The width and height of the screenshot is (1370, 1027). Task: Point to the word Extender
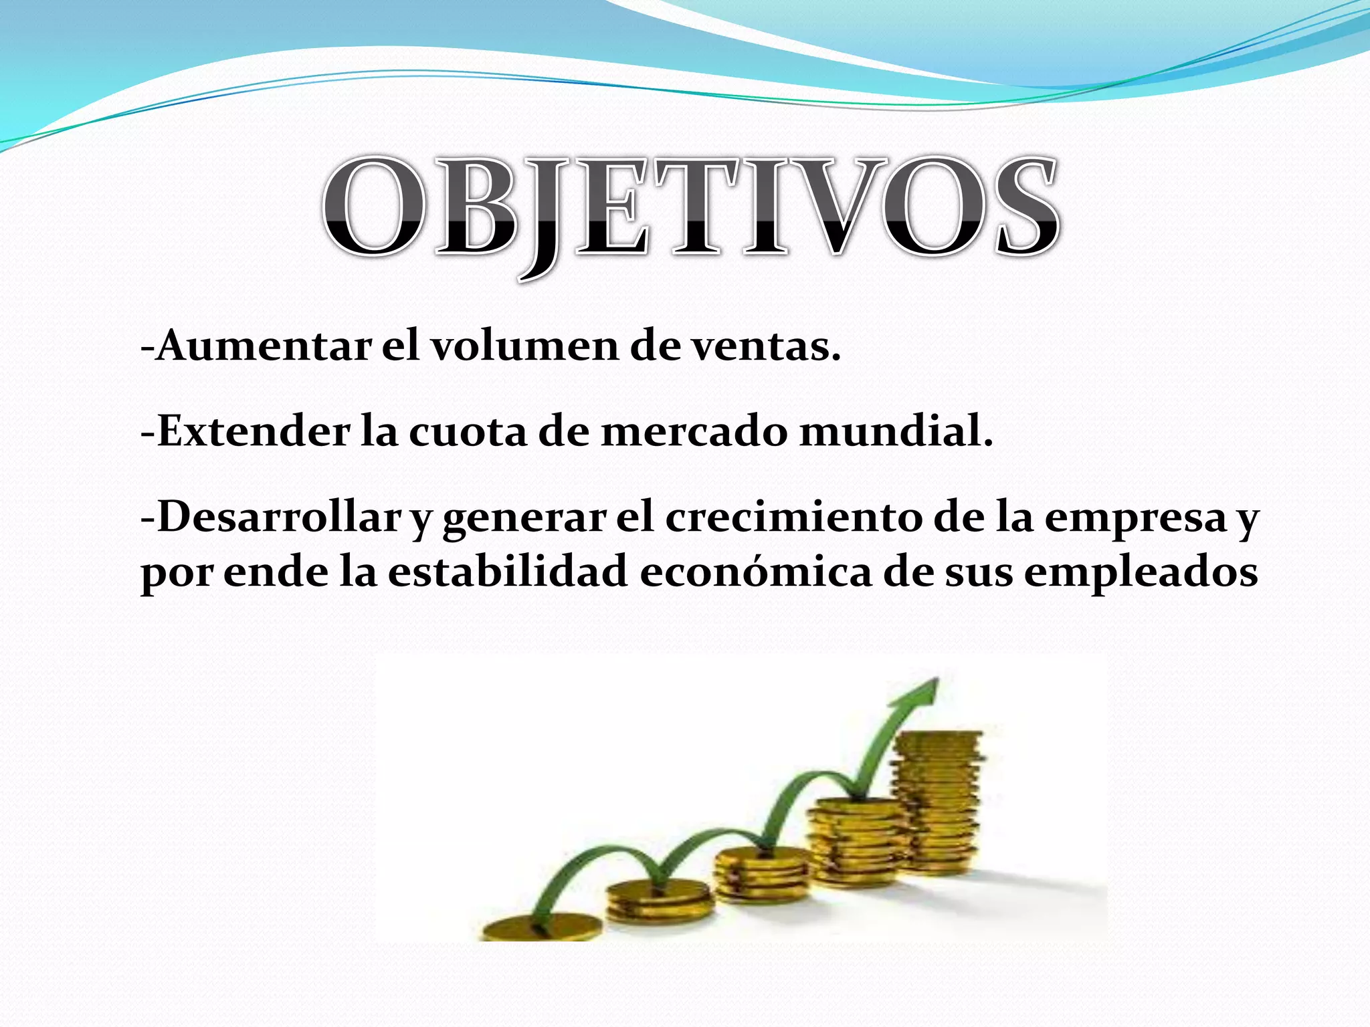[x=254, y=431]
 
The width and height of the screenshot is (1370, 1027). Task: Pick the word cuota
[x=468, y=431]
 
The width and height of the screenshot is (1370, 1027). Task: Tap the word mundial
[x=896, y=431]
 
